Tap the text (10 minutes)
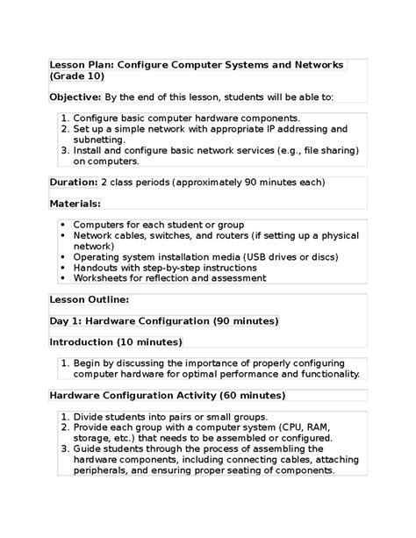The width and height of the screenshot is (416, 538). tap(151, 341)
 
